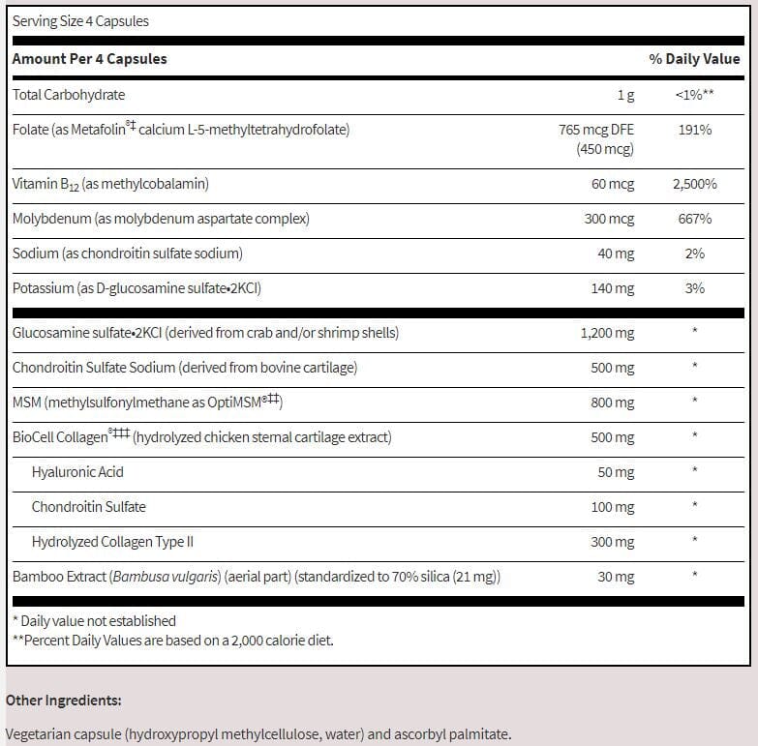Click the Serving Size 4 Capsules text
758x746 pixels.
[x=80, y=20]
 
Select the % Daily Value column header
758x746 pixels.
[x=694, y=59]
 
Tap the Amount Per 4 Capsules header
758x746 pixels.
[x=89, y=59]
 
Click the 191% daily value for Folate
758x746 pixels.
[x=694, y=129]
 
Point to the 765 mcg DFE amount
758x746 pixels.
[x=596, y=129]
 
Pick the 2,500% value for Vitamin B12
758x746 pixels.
[x=694, y=184]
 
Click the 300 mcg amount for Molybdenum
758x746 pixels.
[x=609, y=219]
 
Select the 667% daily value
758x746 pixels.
[x=694, y=219]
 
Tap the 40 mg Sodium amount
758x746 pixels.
[x=616, y=254]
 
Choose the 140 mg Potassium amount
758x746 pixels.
[x=613, y=288]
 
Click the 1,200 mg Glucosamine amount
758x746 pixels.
[x=607, y=333]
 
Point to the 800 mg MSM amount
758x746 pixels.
[x=612, y=403]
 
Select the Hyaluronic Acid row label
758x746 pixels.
[x=77, y=472]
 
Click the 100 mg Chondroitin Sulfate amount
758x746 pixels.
[x=612, y=507]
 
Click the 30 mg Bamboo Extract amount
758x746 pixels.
[x=616, y=577]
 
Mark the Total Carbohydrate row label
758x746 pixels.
[x=69, y=95]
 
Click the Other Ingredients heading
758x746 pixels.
[x=64, y=700]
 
